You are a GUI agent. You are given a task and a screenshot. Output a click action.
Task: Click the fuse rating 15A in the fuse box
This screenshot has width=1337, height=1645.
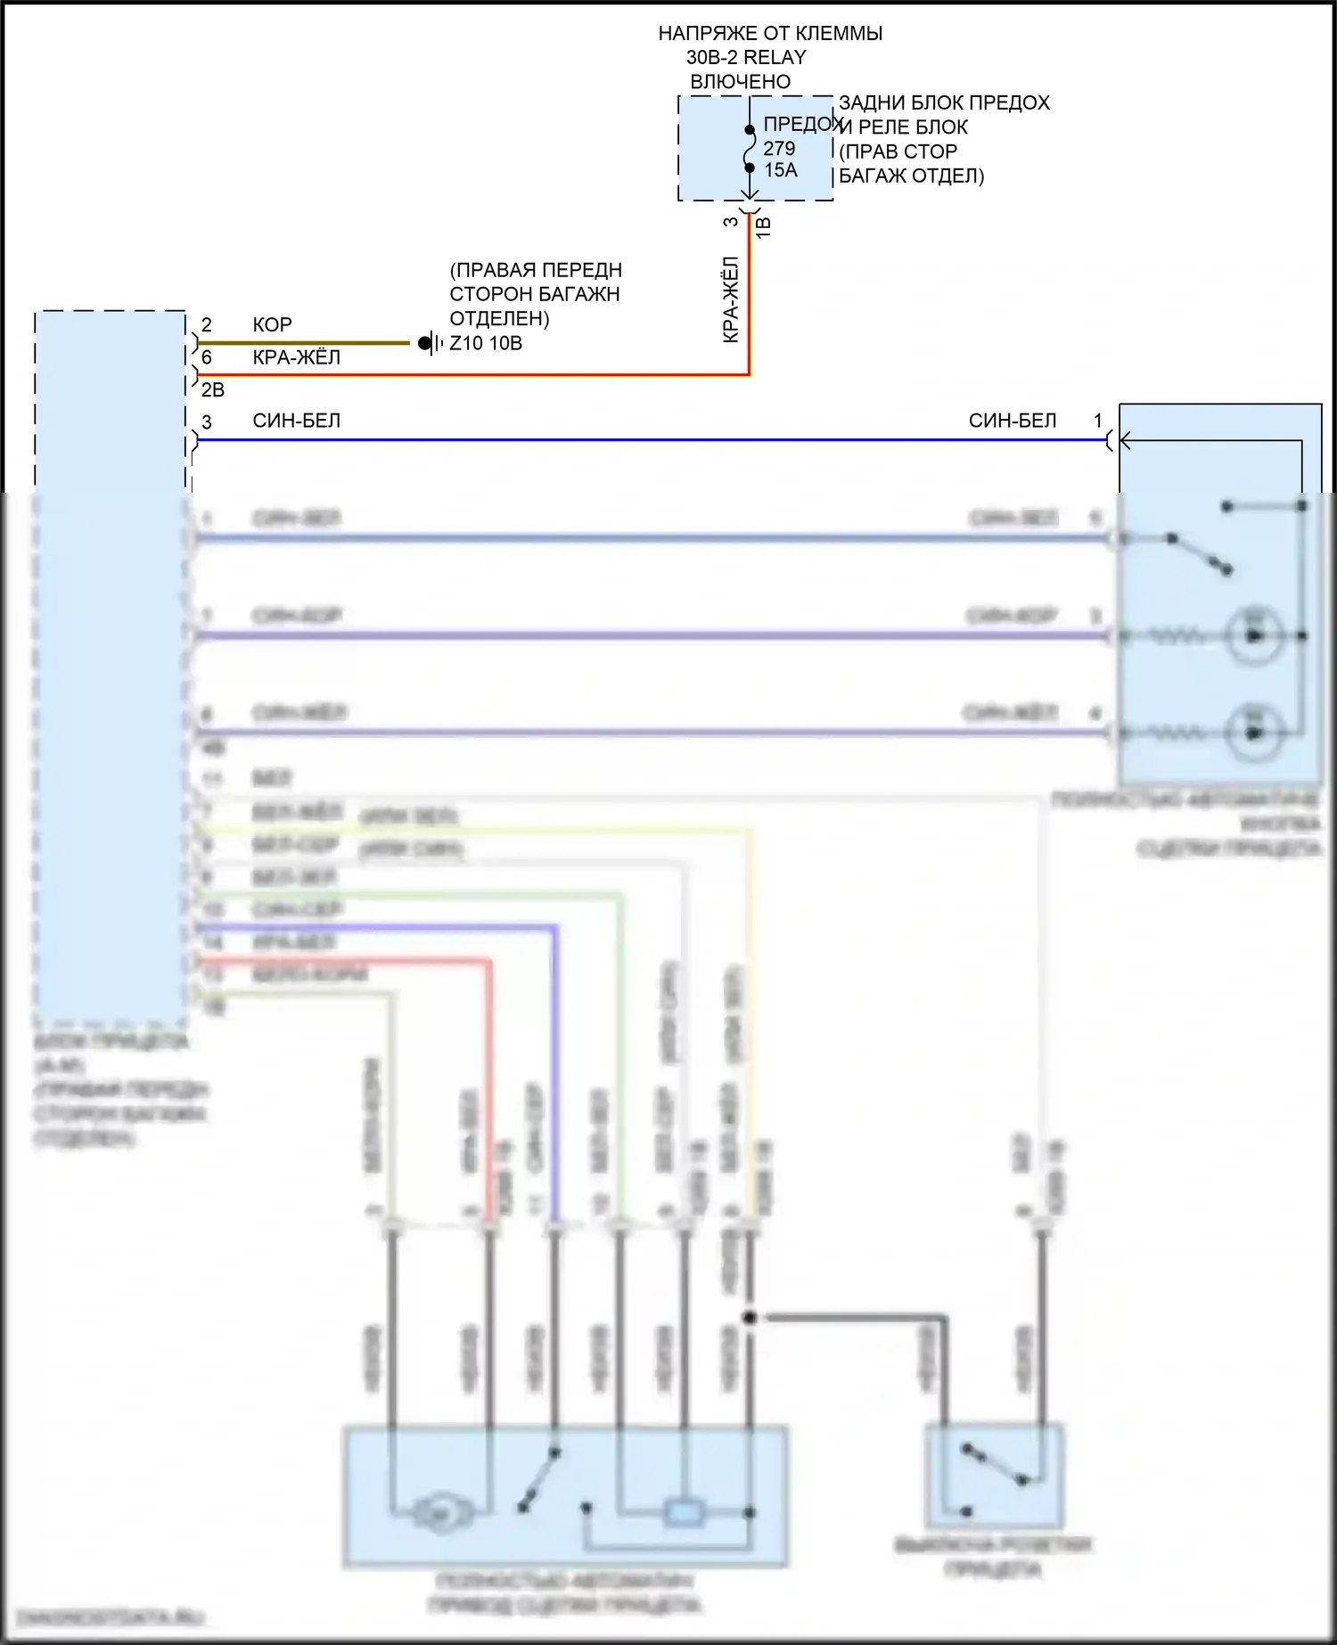pos(780,170)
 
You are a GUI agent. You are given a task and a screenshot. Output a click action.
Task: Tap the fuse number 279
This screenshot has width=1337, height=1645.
pos(778,149)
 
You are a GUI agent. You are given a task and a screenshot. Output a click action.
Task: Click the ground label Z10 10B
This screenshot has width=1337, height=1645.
pos(486,343)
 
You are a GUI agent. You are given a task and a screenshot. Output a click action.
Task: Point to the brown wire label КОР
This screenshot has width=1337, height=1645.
pos(272,324)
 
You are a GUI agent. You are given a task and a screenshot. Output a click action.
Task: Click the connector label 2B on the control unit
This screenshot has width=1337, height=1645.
pos(212,389)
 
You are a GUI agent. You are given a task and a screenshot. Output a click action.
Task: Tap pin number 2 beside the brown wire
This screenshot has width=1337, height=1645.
pos(207,324)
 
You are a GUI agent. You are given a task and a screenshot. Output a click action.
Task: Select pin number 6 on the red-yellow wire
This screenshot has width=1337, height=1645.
pos(207,357)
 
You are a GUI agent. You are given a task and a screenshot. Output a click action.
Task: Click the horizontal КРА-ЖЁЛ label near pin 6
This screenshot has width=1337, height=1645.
pos(296,357)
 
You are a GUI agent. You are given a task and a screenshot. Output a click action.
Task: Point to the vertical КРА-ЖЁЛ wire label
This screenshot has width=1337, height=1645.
pos(731,299)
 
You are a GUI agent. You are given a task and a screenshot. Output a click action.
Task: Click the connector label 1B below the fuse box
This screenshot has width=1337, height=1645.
pos(764,226)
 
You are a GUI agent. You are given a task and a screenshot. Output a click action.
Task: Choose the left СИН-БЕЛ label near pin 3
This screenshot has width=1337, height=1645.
pos(296,421)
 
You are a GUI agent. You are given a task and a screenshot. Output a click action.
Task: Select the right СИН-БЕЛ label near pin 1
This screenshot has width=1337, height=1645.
pos(1013,421)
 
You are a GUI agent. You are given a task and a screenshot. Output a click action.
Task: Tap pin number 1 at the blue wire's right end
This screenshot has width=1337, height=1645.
pos(1098,421)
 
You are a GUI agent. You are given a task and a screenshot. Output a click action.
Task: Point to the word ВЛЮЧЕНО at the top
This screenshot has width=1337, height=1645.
pos(740,82)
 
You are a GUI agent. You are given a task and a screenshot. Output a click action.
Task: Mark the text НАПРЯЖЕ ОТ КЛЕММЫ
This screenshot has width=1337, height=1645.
pos(770,34)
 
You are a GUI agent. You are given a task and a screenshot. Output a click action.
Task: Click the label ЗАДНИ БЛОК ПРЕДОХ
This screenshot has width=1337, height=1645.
pos(944,103)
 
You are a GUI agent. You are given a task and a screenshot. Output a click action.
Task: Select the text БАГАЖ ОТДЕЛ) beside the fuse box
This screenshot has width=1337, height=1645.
pos(911,176)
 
